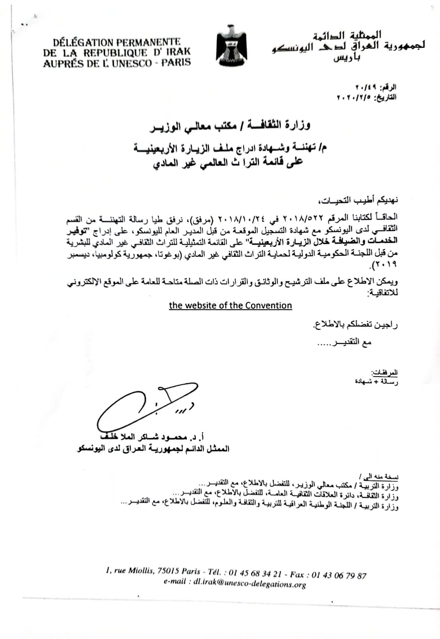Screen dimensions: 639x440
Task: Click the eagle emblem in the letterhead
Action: click(231, 42)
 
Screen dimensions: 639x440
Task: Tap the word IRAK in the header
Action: click(176, 52)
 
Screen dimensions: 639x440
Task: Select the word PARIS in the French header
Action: click(176, 62)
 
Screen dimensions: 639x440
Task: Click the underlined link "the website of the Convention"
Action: click(230, 305)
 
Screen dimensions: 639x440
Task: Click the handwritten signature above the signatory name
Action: click(146, 406)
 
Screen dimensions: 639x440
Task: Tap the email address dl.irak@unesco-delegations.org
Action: click(235, 585)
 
